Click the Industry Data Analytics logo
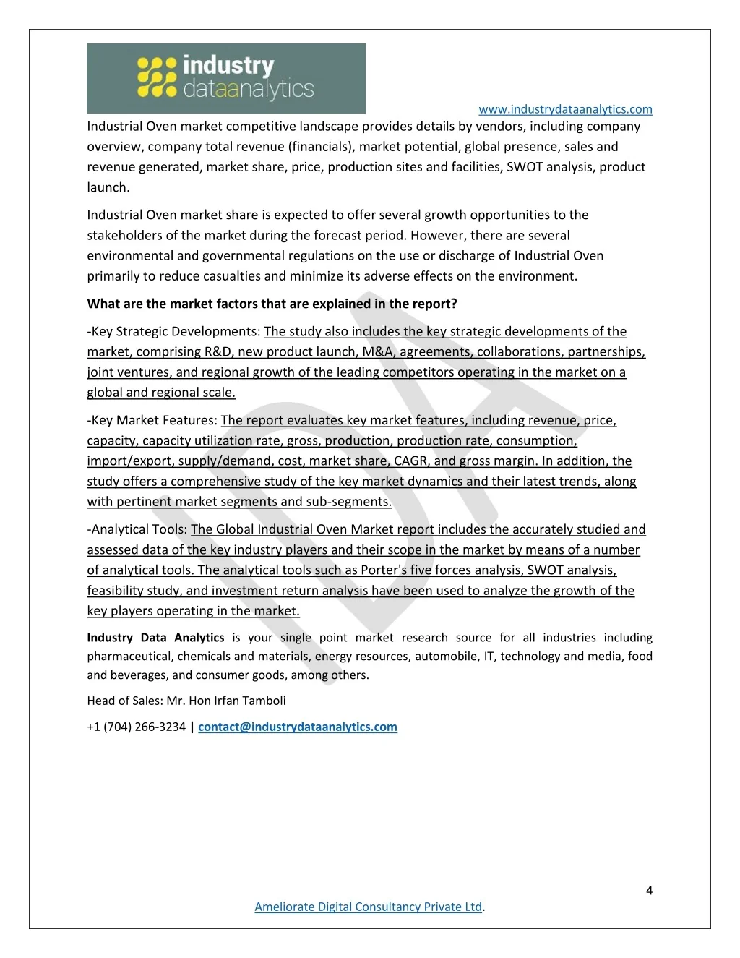[x=225, y=78]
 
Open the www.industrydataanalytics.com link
[x=565, y=109]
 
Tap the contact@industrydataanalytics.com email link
[x=298, y=727]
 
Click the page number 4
[x=649, y=890]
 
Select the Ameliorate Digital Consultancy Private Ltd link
[x=368, y=907]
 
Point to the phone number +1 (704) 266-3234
[x=136, y=727]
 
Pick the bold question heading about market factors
[x=272, y=304]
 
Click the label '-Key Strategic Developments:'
[x=173, y=331]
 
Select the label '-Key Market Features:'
[x=152, y=420]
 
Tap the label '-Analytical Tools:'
[x=137, y=529]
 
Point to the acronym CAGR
[x=410, y=461]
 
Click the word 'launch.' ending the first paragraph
[x=108, y=187]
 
